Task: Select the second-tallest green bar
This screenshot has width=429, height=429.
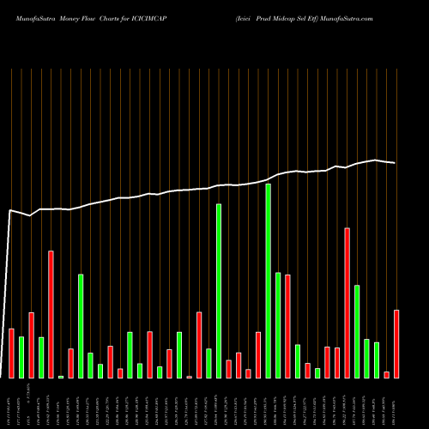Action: click(x=219, y=291)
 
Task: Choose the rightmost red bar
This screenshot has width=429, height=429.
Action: click(x=396, y=344)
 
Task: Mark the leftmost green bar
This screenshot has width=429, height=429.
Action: click(x=21, y=357)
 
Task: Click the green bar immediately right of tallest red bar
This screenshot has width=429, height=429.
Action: click(x=357, y=331)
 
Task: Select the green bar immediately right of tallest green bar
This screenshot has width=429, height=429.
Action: click(x=278, y=325)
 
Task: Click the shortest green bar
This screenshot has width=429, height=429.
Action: click(x=61, y=377)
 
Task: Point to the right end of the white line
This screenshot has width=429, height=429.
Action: click(x=396, y=163)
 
